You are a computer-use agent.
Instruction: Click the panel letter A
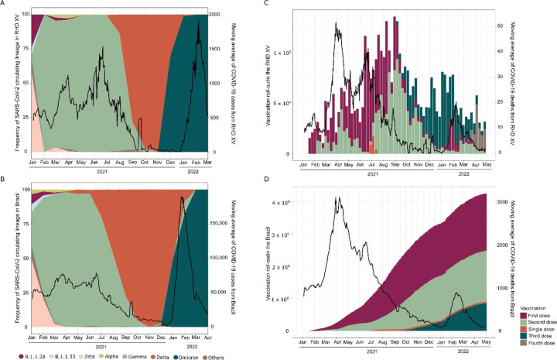[x=4, y=5]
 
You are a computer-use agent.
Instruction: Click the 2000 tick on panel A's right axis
[x=221, y=15]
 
